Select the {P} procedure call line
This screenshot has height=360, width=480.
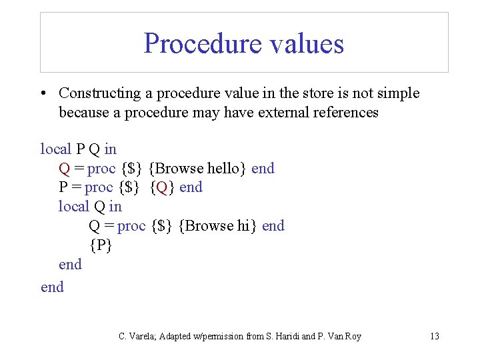point(101,245)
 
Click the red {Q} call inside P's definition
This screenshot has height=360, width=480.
point(163,187)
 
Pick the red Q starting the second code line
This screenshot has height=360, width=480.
point(65,169)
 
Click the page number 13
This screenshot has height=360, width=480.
point(434,337)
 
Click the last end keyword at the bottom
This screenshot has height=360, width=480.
point(52,287)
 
